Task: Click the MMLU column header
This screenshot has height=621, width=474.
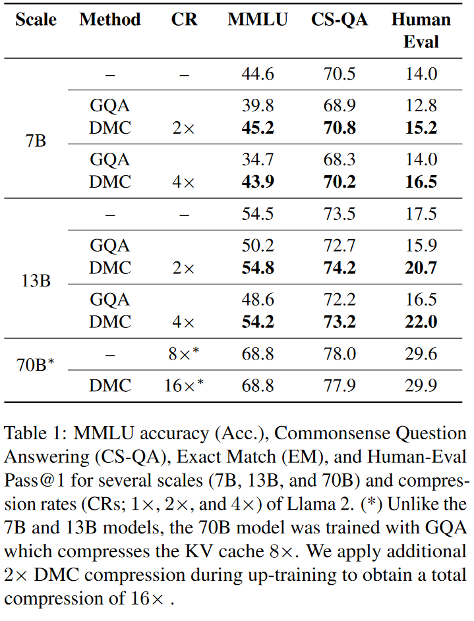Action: click(258, 20)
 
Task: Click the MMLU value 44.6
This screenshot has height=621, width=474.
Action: click(258, 74)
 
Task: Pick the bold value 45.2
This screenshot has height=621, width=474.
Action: click(258, 128)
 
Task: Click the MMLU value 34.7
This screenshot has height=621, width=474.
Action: click(258, 159)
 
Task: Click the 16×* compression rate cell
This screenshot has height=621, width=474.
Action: click(184, 385)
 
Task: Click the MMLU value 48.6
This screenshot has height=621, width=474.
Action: click(258, 300)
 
